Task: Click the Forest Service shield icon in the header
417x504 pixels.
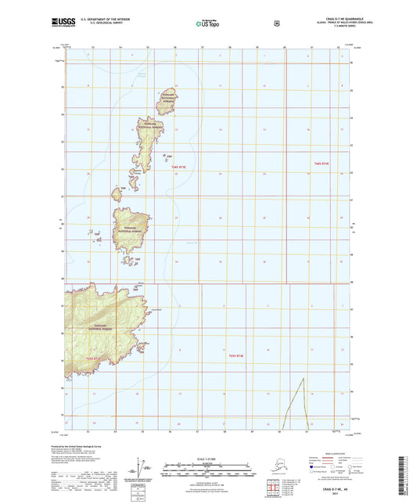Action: (x=276, y=23)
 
